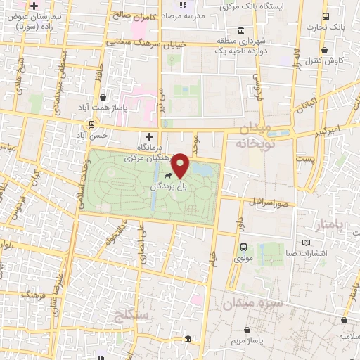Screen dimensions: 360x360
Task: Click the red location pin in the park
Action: [181, 165]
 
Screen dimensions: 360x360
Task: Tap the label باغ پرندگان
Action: [168, 187]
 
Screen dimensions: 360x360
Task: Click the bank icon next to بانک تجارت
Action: [325, 16]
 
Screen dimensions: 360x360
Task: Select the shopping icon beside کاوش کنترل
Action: [325, 51]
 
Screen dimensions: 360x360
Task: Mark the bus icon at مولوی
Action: [243, 247]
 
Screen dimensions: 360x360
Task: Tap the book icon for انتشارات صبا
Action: [306, 243]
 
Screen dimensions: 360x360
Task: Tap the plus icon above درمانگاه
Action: [148, 136]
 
